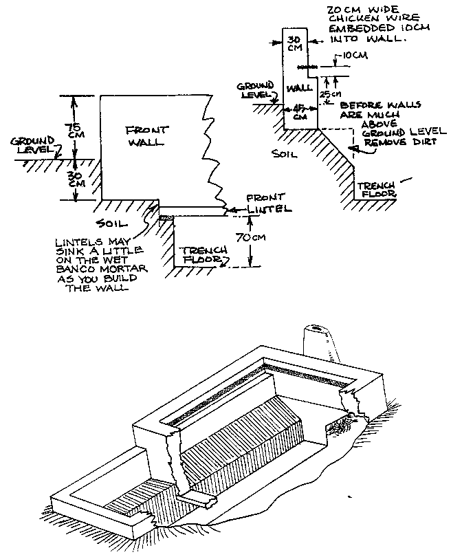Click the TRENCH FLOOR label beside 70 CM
pyautogui.click(x=199, y=255)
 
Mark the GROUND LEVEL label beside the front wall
pyautogui.click(x=32, y=145)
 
